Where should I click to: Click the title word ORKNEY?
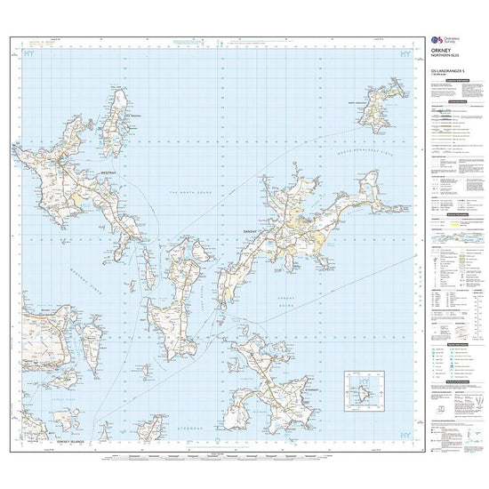(442, 52)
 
